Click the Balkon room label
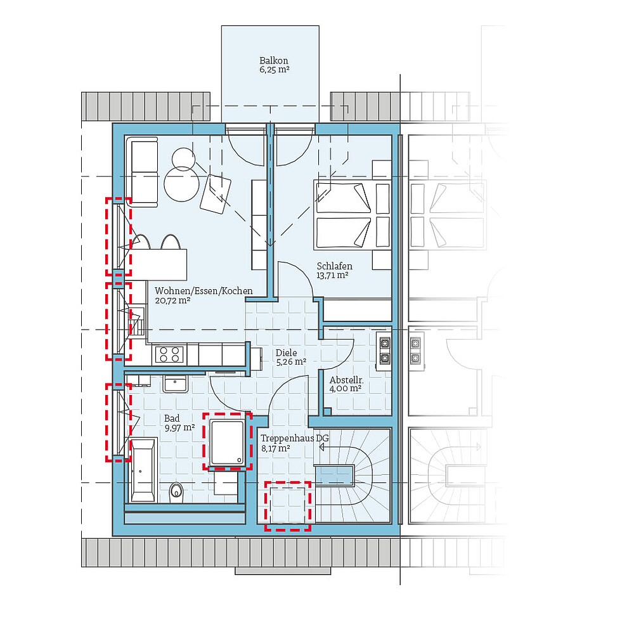(274, 61)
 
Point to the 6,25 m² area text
(274, 71)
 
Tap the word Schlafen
(334, 266)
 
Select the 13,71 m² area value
(333, 276)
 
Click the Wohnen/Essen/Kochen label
(204, 291)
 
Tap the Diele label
(285, 353)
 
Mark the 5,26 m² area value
(290, 363)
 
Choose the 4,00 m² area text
(345, 389)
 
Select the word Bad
(171, 418)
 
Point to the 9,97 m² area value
(179, 429)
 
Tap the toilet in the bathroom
(177, 489)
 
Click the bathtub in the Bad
(143, 469)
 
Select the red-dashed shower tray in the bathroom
(227, 441)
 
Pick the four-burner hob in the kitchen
(169, 354)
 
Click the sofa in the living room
(143, 172)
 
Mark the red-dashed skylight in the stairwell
(288, 505)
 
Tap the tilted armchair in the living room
(216, 192)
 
